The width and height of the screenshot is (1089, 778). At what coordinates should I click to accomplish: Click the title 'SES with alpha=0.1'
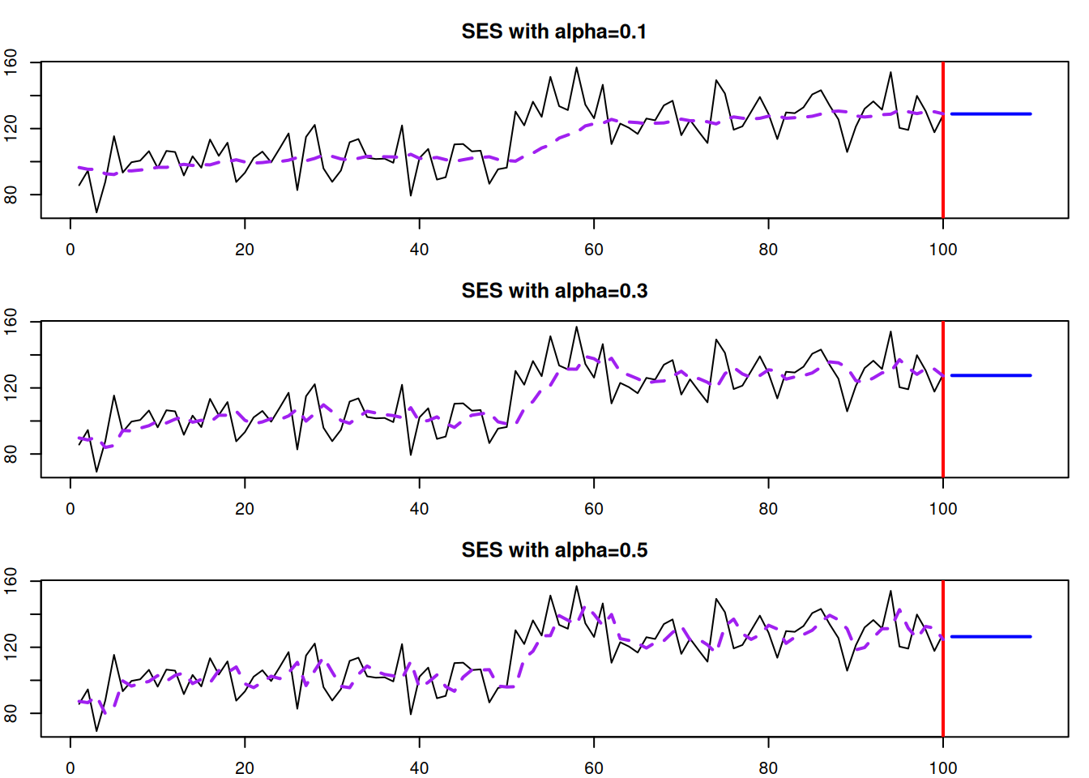554,32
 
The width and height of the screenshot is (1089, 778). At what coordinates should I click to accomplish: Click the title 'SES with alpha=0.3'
554,291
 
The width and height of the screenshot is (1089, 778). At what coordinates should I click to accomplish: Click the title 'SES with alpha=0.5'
554,550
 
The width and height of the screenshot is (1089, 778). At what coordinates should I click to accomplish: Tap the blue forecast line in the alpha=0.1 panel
990,114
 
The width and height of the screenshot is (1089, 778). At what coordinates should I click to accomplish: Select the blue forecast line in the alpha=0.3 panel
990,375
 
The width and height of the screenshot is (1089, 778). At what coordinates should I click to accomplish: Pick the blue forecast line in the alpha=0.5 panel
990,637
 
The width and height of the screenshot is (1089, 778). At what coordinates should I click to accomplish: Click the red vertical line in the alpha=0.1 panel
943,162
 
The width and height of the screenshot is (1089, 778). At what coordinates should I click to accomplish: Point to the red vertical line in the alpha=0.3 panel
943,421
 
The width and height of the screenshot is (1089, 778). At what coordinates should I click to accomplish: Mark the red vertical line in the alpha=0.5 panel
943,681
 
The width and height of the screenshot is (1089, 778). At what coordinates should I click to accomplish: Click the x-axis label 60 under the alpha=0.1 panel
594,250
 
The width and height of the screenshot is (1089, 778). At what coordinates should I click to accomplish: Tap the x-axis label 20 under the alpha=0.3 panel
245,509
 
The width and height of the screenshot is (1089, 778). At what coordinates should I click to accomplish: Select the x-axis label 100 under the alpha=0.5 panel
943,768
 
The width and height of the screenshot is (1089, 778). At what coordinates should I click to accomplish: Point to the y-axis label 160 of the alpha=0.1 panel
11,62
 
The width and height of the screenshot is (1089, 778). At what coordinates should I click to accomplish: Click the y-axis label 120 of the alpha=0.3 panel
11,388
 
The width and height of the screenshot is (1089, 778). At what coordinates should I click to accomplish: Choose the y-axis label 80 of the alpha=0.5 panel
11,713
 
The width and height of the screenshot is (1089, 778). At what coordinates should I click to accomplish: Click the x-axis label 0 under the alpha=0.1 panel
70,250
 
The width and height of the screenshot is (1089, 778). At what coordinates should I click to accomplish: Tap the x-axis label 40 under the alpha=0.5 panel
419,768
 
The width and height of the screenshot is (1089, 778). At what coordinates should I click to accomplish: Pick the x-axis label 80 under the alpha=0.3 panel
768,509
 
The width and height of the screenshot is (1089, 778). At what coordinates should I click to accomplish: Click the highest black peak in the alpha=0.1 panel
577,68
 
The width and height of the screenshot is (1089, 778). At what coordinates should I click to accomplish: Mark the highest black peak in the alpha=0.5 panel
577,587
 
